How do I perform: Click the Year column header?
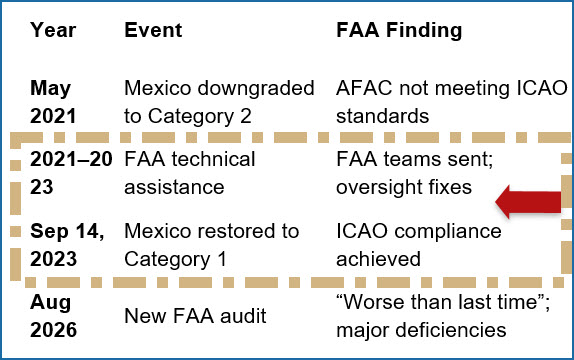(53, 30)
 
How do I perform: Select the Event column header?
(153, 30)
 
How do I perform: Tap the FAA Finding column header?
(399, 31)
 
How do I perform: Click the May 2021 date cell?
(53, 102)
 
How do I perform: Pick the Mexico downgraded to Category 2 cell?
(219, 102)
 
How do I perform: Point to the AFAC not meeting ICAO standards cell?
(452, 102)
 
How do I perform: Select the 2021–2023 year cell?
(71, 173)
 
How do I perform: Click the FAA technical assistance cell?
(190, 173)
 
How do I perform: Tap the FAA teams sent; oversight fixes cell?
(415, 173)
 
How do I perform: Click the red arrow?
(528, 202)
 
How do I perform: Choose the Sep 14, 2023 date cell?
(67, 245)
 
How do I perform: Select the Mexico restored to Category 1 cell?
(212, 245)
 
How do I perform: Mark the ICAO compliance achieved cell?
(419, 245)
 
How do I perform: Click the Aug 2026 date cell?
(53, 316)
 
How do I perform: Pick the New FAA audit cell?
(195, 316)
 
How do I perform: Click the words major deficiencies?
(421, 330)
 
